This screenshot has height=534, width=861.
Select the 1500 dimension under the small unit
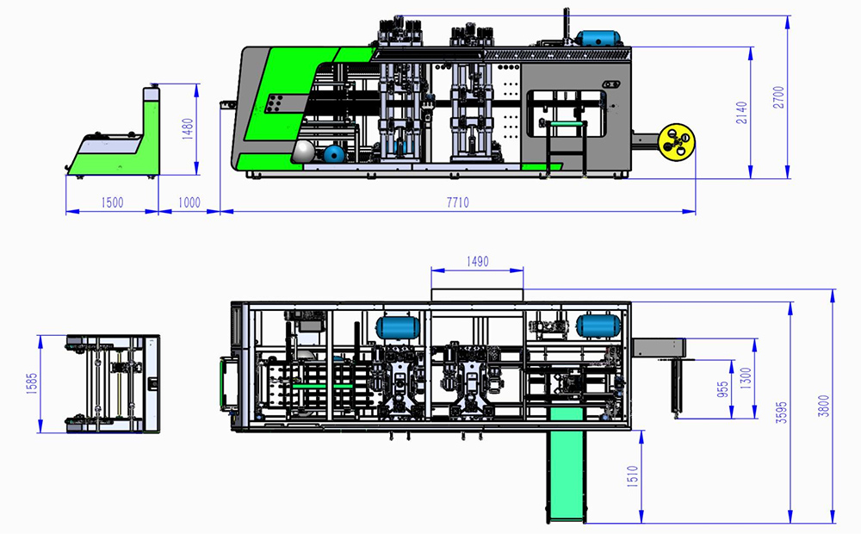112,202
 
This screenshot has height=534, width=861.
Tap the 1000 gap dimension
189,202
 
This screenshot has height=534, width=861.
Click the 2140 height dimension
742,112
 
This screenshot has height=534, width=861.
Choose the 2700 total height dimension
778,96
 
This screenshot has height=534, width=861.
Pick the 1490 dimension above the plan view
476,261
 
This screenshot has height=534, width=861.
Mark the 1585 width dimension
30,384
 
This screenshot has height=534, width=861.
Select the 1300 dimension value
745,377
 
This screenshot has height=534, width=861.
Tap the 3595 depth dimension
781,412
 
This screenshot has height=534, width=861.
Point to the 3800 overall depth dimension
823,406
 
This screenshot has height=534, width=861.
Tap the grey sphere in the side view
304,152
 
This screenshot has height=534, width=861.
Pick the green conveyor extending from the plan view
566,474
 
